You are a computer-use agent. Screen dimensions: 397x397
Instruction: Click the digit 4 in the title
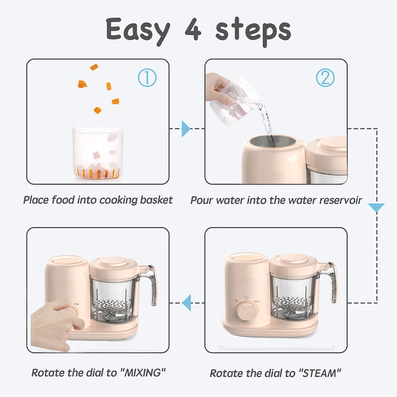click(x=193, y=30)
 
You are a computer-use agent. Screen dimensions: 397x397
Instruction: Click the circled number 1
click(x=147, y=78)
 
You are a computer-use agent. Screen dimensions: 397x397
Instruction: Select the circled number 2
click(x=325, y=78)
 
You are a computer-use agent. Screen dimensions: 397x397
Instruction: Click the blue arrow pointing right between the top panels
click(x=186, y=129)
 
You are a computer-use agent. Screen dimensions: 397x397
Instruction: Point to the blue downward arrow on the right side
click(x=376, y=207)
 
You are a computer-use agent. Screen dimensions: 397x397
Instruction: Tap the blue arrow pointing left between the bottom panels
click(x=187, y=303)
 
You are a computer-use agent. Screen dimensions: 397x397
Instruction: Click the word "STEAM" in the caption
click(x=320, y=373)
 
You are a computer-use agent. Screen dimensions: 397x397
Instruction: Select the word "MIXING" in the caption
click(x=143, y=373)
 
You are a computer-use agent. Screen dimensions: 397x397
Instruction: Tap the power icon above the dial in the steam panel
click(x=246, y=298)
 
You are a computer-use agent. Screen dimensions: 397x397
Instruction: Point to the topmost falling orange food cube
click(x=94, y=67)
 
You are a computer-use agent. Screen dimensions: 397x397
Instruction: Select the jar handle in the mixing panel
click(x=151, y=284)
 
